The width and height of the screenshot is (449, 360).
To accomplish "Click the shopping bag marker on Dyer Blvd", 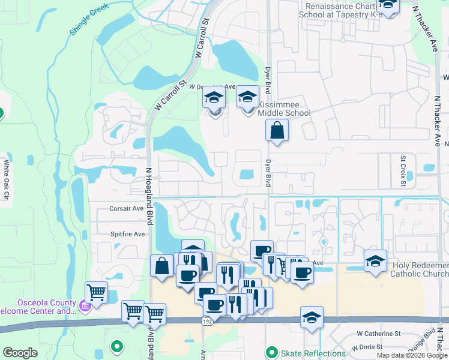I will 277,130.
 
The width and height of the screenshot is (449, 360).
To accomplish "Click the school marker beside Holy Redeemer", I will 375,261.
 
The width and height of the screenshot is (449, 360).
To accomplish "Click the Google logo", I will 20,353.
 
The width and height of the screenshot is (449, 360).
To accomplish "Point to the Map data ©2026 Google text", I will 412,355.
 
